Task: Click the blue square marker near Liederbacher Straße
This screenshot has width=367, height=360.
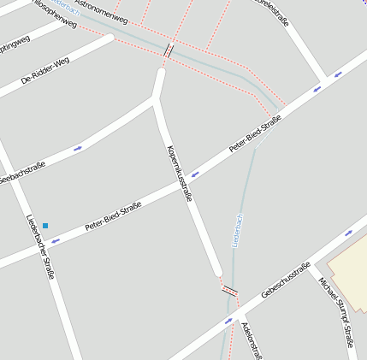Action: click(45, 226)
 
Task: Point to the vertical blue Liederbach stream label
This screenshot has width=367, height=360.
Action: click(238, 230)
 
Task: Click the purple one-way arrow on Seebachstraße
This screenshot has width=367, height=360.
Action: click(78, 149)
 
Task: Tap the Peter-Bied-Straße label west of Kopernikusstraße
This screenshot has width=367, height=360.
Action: click(112, 217)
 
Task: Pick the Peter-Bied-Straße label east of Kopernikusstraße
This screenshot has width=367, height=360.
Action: click(255, 134)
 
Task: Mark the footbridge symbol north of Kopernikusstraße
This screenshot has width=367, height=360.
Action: click(168, 50)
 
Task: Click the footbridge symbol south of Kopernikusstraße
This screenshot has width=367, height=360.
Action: click(229, 291)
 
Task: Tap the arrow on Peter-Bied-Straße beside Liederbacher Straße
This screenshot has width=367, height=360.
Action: click(56, 241)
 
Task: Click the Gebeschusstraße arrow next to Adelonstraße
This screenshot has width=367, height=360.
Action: click(228, 322)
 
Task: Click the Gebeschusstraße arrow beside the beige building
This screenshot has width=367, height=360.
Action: click(348, 233)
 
